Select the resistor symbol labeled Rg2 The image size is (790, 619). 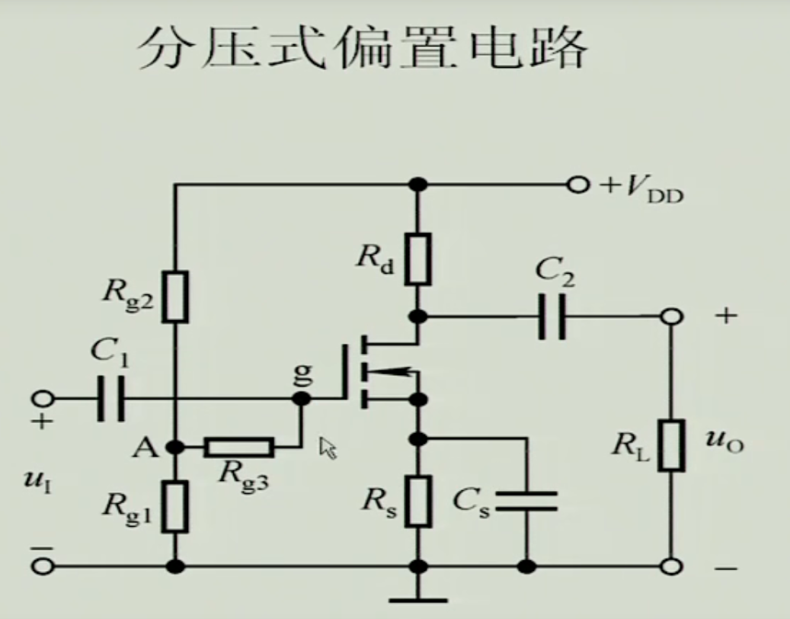(176, 296)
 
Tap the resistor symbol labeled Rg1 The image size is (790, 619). (176, 506)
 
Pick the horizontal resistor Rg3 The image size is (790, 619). (238, 447)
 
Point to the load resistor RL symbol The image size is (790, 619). (672, 444)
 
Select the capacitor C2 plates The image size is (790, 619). (552, 316)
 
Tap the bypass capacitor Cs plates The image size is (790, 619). (526, 501)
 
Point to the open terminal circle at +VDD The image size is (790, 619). (580, 184)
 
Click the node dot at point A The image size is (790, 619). (176, 447)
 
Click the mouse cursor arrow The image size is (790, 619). (328, 447)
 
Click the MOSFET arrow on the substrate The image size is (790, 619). (389, 371)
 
